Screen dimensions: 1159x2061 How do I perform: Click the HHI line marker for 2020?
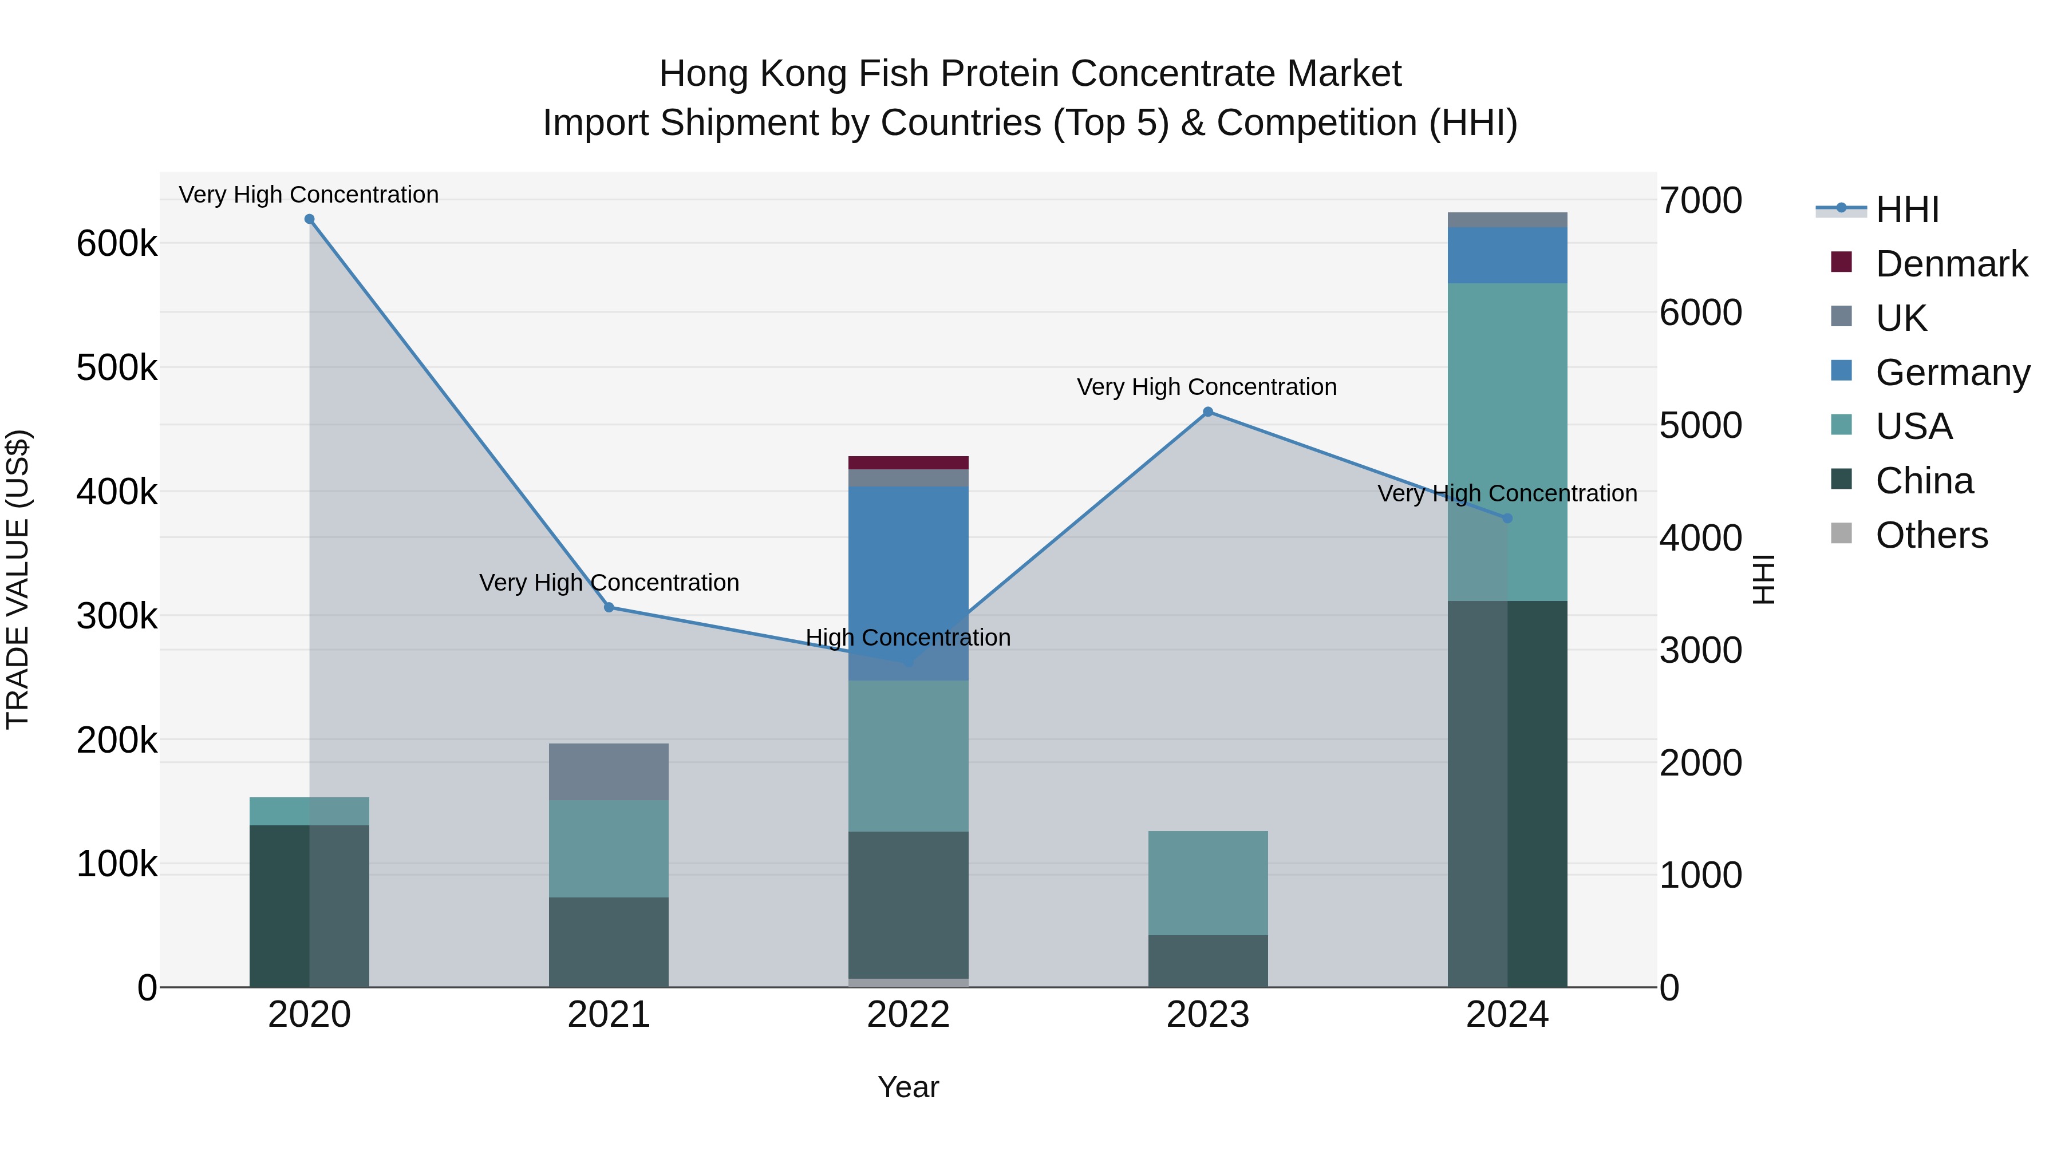(310, 219)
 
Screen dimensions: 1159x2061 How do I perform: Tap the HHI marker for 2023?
(1208, 412)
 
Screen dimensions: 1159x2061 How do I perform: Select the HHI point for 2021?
(609, 607)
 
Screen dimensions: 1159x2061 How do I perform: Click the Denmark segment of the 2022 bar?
(908, 462)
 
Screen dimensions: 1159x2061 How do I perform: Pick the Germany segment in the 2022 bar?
(908, 560)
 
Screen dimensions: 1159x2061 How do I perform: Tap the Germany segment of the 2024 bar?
(1507, 255)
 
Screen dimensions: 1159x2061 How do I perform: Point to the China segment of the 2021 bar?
(609, 942)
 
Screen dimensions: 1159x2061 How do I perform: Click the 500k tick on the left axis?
(117, 368)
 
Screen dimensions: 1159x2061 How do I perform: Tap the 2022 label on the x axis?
(908, 1015)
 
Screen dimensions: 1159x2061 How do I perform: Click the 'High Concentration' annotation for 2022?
(908, 638)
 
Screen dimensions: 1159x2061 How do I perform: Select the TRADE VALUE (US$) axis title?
(18, 579)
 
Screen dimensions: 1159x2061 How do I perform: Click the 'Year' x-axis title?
(908, 1087)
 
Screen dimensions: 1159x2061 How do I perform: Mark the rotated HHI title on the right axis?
(1763, 579)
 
